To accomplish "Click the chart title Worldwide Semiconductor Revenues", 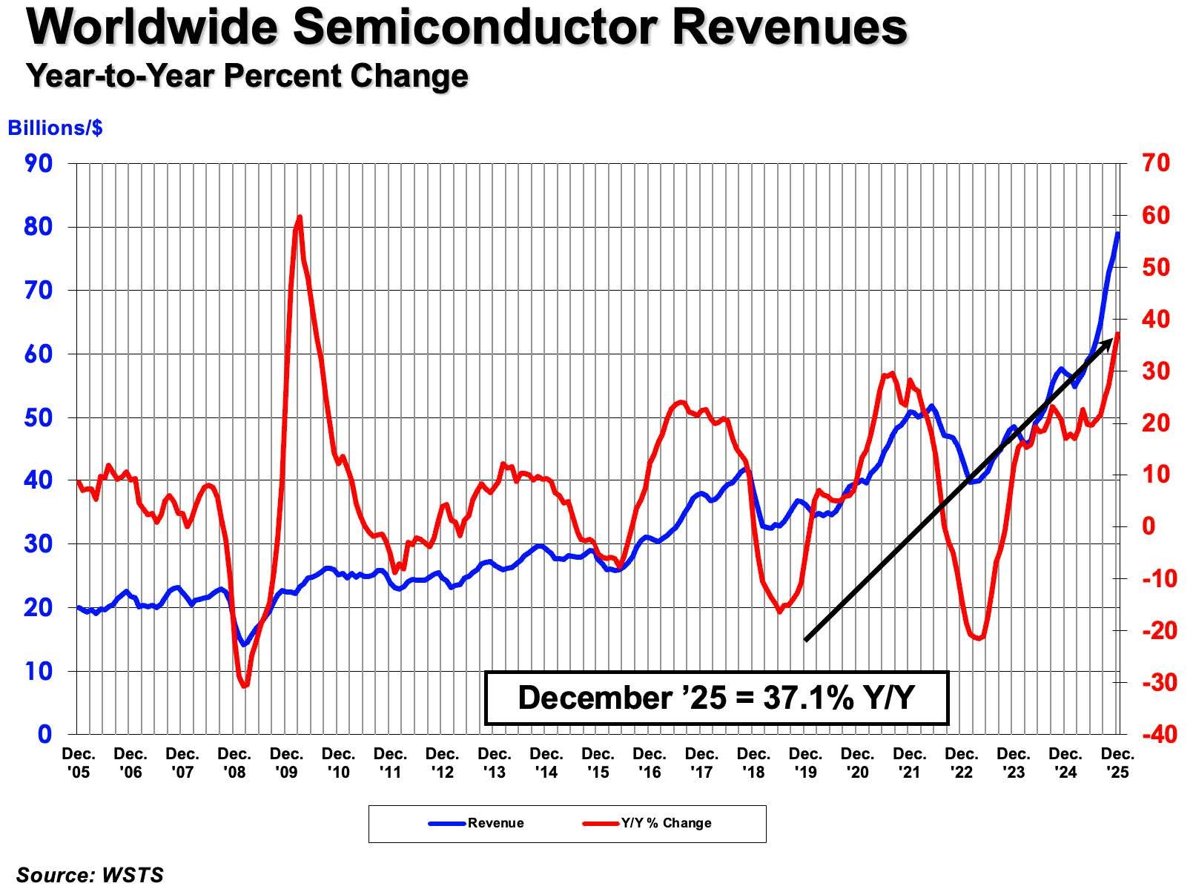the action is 466,27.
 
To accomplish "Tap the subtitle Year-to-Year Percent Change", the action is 248,76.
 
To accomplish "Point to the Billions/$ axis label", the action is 55,128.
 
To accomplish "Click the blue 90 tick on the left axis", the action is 38,164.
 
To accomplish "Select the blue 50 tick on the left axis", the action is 38,418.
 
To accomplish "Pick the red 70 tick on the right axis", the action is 1156,163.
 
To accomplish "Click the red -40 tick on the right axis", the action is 1160,735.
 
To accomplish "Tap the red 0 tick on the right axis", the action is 1149,526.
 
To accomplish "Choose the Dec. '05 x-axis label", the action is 79,763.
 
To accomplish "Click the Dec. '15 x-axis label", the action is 598,763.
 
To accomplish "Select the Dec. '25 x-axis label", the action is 1117,763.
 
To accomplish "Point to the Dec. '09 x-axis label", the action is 286,763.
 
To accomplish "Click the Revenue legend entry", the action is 476,823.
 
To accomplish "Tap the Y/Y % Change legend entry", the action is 647,823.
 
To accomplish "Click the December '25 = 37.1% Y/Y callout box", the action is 716,698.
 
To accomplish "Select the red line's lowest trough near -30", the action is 245,686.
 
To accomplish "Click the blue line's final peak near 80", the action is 1117,234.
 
